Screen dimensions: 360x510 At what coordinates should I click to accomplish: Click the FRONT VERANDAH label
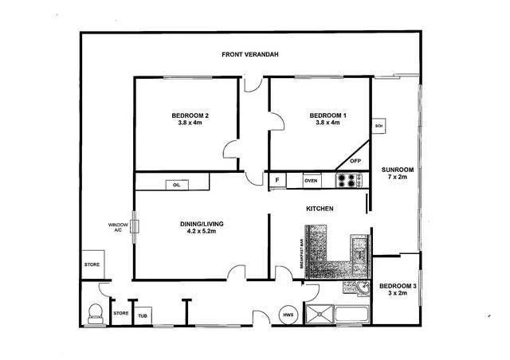click(x=249, y=54)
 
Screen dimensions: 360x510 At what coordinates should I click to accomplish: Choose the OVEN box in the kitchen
click(x=311, y=180)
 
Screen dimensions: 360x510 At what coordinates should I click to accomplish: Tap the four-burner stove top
click(x=347, y=180)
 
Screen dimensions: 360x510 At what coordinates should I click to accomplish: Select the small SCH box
click(x=379, y=126)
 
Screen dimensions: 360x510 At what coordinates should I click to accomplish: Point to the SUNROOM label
click(x=396, y=170)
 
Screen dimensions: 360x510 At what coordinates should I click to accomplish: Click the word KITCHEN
click(x=320, y=209)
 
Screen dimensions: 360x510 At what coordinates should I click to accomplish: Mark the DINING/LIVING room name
click(x=202, y=224)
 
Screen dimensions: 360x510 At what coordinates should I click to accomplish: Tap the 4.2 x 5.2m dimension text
click(x=202, y=233)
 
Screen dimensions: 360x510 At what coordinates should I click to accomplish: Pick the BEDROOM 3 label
click(x=396, y=286)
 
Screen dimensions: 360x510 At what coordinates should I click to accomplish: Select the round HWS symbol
click(x=288, y=315)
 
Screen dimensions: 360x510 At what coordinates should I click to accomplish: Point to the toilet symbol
click(x=95, y=313)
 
